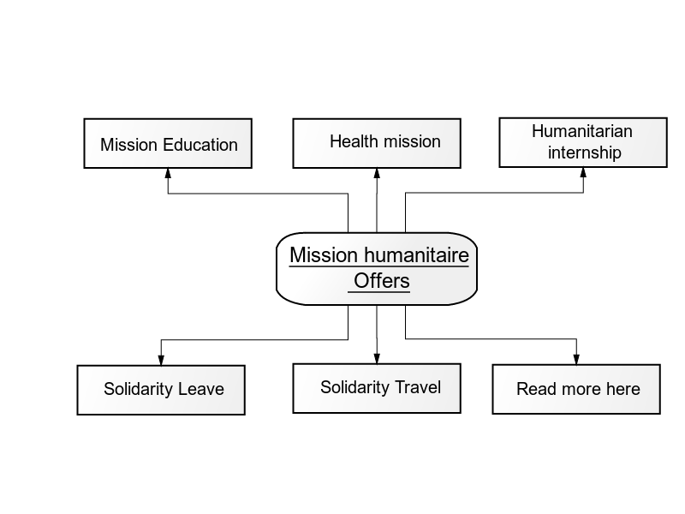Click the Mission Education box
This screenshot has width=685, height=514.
(168, 143)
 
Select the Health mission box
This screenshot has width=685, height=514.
(377, 143)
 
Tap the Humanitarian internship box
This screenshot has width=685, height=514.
(583, 142)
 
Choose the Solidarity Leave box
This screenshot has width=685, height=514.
(161, 390)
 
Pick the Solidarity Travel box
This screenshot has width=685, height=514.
(377, 388)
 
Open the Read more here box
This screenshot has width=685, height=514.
(576, 389)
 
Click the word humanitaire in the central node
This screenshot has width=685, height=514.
(416, 254)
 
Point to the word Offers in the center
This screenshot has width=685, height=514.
(381, 281)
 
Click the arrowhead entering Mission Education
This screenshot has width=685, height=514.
(168, 173)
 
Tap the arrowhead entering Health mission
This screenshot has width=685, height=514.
(377, 173)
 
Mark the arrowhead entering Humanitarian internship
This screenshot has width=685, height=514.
(583, 172)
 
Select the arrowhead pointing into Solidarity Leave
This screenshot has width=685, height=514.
(161, 360)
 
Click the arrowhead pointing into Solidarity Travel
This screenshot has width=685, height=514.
(377, 358)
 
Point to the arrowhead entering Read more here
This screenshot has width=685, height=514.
(576, 359)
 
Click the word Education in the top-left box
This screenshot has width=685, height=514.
(200, 145)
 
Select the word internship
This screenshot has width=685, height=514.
(585, 153)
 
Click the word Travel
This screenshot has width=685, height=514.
(418, 387)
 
